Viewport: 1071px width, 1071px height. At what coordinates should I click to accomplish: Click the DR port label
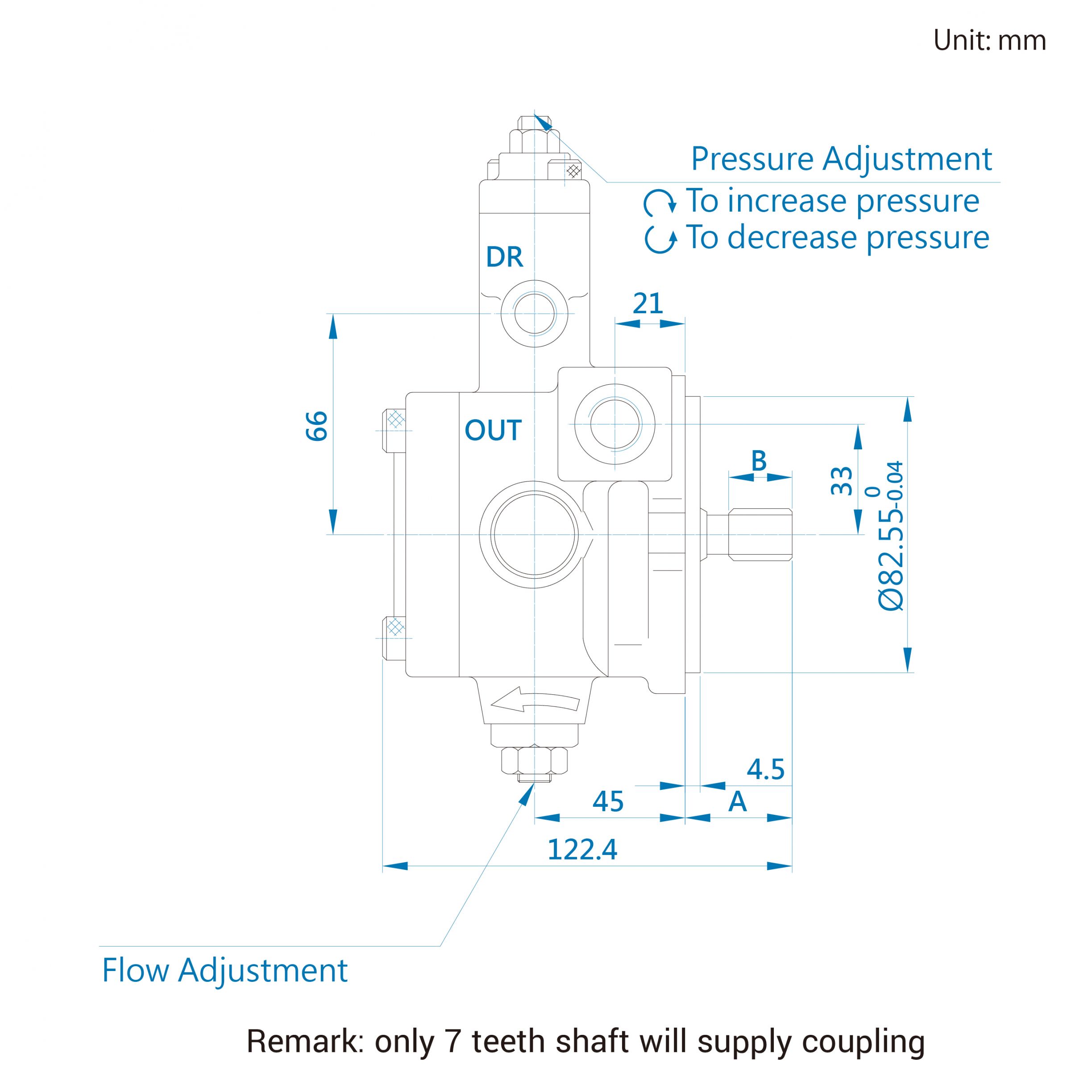[x=504, y=257]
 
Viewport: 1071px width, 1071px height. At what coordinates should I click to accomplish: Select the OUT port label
[x=493, y=430]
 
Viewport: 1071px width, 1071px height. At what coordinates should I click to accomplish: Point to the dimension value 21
[x=648, y=303]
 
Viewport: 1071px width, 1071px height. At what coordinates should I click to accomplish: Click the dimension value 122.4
[x=582, y=849]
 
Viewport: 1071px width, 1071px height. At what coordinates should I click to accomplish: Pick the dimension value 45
[x=608, y=801]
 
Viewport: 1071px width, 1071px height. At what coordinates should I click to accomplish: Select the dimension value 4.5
[x=766, y=769]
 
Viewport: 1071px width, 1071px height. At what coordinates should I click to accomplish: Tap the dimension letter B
[x=759, y=461]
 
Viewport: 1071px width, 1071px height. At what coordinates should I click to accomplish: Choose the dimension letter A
[x=737, y=801]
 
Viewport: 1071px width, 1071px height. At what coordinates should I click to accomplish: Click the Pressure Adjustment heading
[x=841, y=159]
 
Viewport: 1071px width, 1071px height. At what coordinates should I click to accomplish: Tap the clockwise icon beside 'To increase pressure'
[x=660, y=202]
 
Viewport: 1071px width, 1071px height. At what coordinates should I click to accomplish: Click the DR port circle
[x=535, y=314]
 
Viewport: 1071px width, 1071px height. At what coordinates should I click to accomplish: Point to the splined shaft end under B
[x=760, y=535]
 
